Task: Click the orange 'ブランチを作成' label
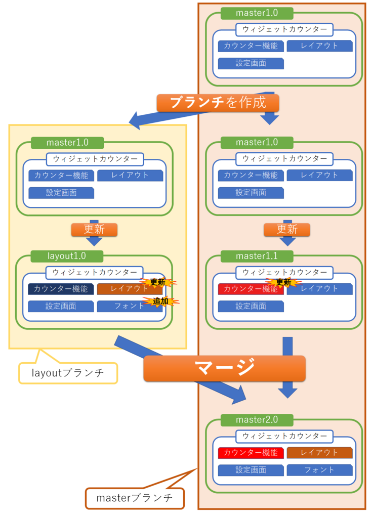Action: pos(218,103)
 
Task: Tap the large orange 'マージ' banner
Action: pos(225,368)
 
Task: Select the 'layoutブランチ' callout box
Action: pos(68,373)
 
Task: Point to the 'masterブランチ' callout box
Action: pos(134,498)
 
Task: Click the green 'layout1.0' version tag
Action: pos(67,256)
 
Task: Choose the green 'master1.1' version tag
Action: pos(257,256)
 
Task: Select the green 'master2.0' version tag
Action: pos(257,420)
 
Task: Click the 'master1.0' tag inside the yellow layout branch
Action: pos(67,143)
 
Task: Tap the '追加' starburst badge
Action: pos(160,301)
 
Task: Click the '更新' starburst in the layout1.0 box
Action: pos(157,282)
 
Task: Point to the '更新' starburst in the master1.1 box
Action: pos(283,282)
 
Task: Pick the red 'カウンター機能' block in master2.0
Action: pos(251,453)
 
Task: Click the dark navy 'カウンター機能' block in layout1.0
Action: pos(61,289)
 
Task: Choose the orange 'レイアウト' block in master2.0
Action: pos(319,452)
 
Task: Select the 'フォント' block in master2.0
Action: pos(319,470)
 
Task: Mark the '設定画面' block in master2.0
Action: pos(251,470)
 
